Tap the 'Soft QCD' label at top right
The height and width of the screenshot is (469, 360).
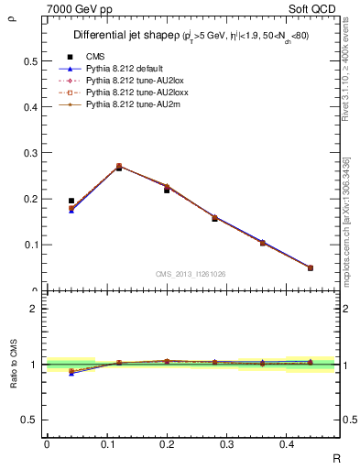(x=314, y=8)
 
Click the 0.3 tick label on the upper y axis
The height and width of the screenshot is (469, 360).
(x=30, y=153)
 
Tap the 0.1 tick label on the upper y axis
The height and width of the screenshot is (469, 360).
(x=30, y=245)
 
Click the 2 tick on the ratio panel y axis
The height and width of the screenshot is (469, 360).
(x=34, y=309)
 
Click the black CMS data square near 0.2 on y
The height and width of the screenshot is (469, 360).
(x=71, y=201)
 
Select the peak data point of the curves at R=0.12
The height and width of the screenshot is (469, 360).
(x=119, y=167)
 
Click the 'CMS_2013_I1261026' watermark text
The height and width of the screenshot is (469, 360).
(x=191, y=274)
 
